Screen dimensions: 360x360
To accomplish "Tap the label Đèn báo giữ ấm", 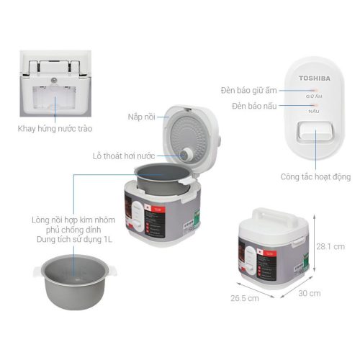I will (249, 91).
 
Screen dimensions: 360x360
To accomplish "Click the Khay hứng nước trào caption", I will (55, 129).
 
